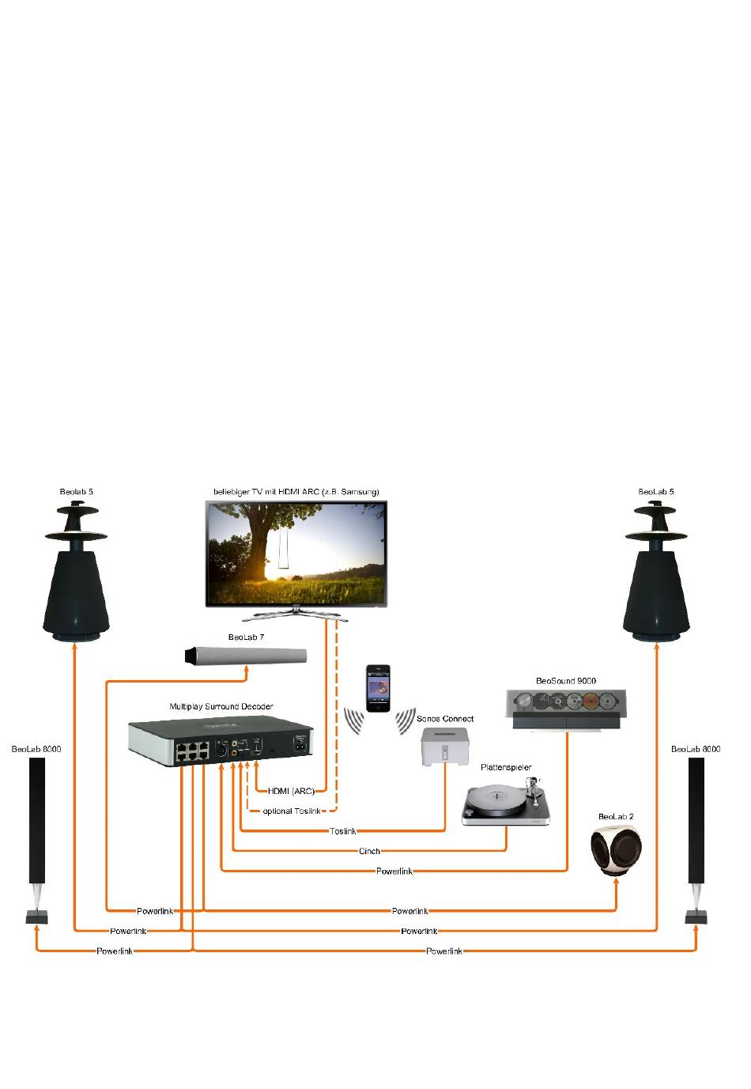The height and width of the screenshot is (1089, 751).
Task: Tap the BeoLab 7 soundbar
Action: [245, 656]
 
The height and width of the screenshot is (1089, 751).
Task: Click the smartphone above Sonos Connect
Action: [378, 688]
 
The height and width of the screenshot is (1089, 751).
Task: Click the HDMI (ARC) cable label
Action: [291, 791]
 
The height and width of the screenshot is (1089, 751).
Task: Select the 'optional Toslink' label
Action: [292, 811]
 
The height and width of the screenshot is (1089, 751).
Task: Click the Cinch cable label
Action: [369, 851]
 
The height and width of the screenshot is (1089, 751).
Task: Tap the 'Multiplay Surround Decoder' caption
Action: [221, 706]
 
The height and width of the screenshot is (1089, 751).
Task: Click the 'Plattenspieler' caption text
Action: [506, 767]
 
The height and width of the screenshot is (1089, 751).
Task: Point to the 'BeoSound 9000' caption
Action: [565, 680]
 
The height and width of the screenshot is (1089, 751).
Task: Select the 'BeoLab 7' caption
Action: [246, 637]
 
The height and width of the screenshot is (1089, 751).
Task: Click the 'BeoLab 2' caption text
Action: [616, 816]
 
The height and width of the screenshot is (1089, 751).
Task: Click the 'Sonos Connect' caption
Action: [445, 719]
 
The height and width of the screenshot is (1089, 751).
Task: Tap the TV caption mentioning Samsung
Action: [296, 492]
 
